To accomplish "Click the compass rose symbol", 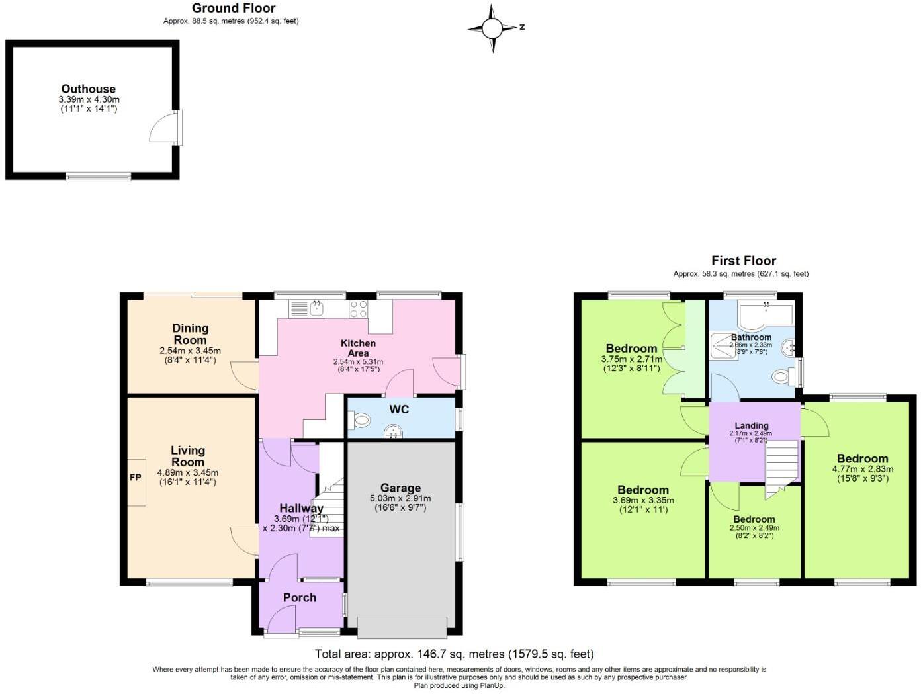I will [492, 28].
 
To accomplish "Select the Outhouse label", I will [89, 89].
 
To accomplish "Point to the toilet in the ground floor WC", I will [361, 420].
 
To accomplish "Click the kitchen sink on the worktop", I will [316, 308].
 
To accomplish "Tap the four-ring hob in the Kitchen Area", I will [359, 309].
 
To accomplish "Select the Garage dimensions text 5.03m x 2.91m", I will [400, 498].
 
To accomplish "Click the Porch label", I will [300, 597].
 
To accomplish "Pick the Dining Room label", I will [190, 333].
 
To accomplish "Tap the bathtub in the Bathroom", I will [766, 316].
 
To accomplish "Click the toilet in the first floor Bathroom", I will [782, 376].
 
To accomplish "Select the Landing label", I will [752, 425].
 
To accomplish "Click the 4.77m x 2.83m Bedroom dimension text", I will [862, 469].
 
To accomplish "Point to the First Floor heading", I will [744, 261].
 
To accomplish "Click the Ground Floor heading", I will [234, 8].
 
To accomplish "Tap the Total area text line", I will [454, 654].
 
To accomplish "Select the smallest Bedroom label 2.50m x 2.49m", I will [754, 519].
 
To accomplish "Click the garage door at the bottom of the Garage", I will [402, 627].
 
